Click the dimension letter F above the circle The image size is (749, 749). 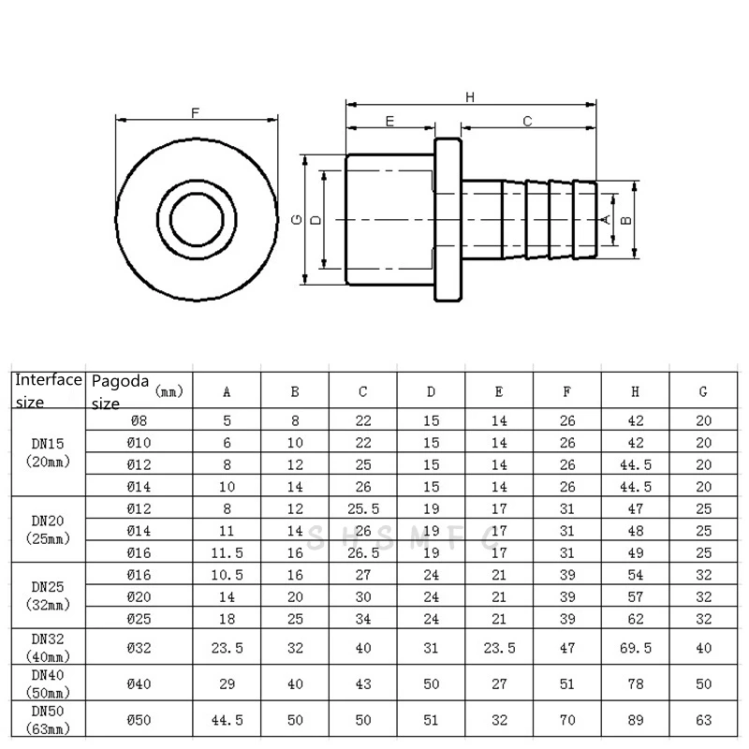[195, 113]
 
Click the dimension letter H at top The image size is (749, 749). [470, 96]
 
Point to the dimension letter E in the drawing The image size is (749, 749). [389, 122]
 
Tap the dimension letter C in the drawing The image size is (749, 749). [527, 122]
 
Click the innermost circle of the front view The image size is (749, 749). [197, 219]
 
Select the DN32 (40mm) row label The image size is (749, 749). [48, 646]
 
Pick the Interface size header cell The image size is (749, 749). [48, 390]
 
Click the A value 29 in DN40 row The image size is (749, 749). [227, 684]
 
